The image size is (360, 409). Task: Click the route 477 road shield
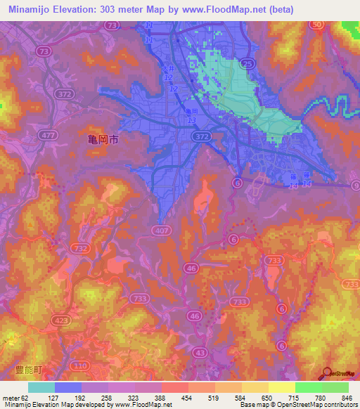pyautogui.click(x=46, y=134)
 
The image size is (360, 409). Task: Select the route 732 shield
pyautogui.click(x=79, y=247)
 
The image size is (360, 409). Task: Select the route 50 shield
pyautogui.click(x=317, y=25)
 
